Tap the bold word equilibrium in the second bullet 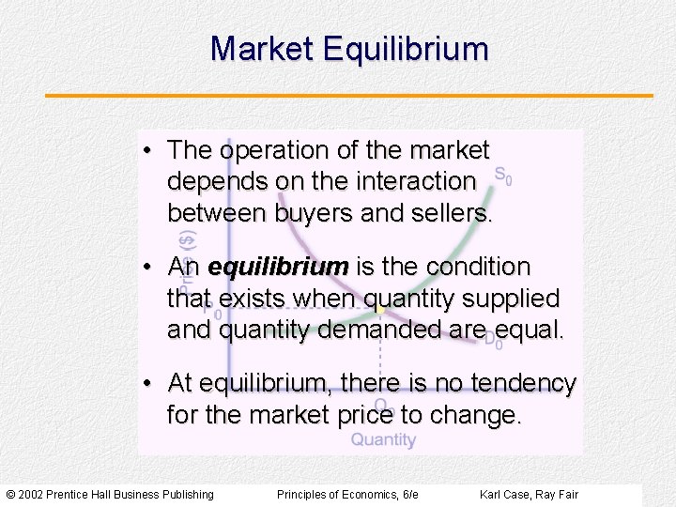tap(278, 268)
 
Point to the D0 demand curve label tap(493, 342)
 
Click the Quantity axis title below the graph tap(383, 439)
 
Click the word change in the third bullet tap(474, 415)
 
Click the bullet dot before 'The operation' tap(149, 151)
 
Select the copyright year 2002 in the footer tap(31, 495)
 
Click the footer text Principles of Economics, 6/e tap(347, 495)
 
